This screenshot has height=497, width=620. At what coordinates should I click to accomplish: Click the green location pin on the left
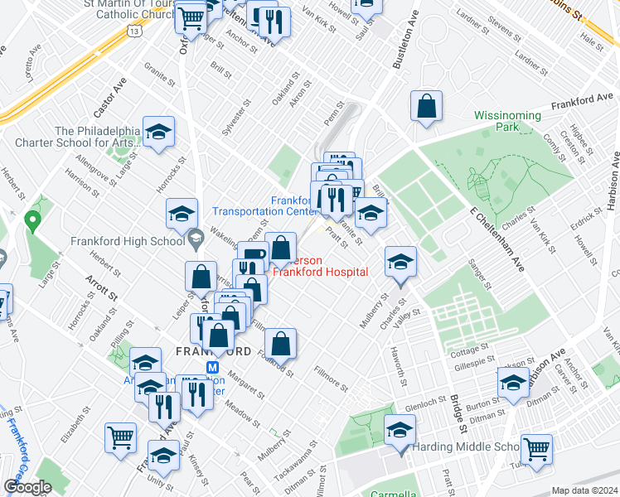[x=32, y=221]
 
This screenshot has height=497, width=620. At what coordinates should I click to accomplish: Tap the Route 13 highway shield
[x=133, y=30]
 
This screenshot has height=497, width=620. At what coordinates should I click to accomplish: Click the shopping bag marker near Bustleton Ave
[x=426, y=108]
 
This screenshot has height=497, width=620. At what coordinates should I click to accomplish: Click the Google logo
[x=28, y=487]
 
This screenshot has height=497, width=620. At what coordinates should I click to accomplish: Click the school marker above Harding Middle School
[x=399, y=430]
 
